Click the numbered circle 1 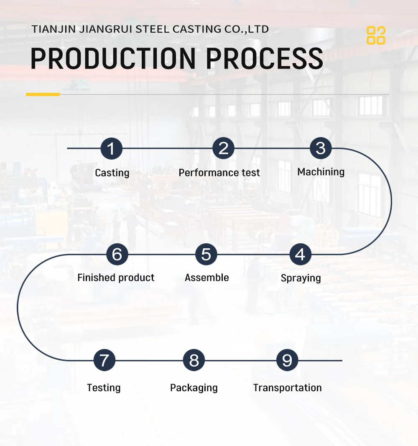pos(111,148)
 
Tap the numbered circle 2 pos(223,148)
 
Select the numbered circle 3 pos(321,148)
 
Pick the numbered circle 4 pos(300,254)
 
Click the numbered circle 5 pos(206,254)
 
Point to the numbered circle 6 pos(117,254)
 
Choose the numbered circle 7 pos(104,360)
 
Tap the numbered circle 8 pos(194,360)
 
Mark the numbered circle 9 pos(287,360)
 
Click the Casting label pos(112,173)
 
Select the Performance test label pos(219,173)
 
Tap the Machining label pos(321,172)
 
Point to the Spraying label pos(301,278)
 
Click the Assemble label pos(207,278)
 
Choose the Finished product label pos(116,278)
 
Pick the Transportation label pos(288,388)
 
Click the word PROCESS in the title pos(265,59)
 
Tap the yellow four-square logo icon pos(376,36)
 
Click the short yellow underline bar pos(43,94)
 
